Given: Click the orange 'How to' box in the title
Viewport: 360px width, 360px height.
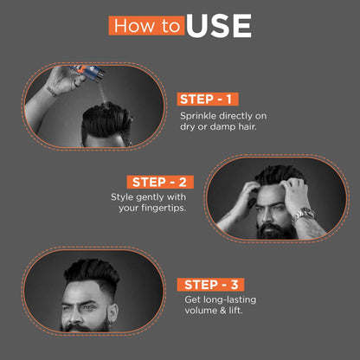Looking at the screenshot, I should point(146,24).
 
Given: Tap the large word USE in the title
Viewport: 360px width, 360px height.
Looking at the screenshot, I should point(218,25).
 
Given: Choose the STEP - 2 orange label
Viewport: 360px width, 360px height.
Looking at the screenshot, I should point(161,182).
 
